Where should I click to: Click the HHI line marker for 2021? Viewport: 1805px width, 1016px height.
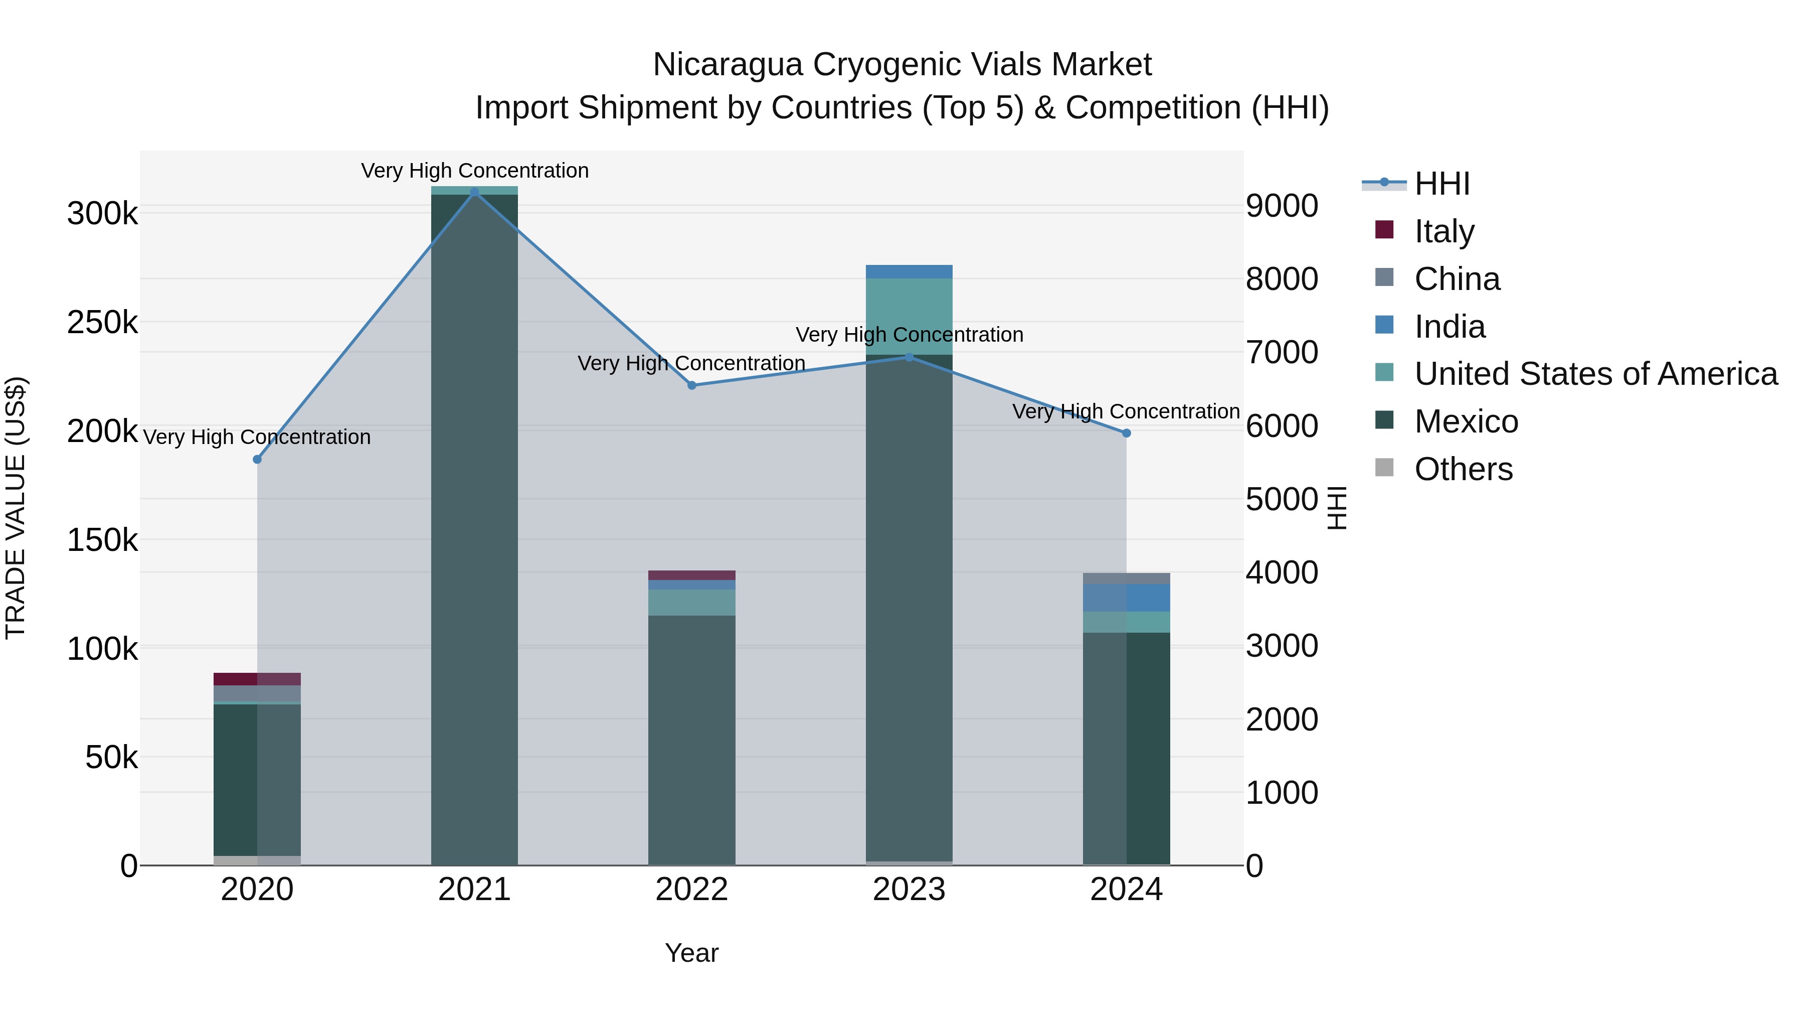pos(474,192)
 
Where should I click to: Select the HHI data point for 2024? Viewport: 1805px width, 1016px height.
pos(1126,433)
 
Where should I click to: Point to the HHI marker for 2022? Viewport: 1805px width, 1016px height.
pos(691,385)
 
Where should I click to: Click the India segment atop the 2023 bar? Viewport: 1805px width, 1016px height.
pos(909,271)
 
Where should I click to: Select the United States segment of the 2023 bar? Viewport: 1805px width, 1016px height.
pos(909,316)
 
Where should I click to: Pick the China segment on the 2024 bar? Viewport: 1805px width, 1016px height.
pos(1126,578)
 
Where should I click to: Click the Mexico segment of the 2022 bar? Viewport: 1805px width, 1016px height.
pos(691,736)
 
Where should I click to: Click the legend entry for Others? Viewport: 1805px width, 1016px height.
pos(1463,469)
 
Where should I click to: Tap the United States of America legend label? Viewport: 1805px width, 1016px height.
pos(1595,374)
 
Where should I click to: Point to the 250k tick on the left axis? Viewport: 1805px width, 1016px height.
pos(102,323)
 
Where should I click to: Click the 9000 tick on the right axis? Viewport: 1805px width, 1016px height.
pos(1282,206)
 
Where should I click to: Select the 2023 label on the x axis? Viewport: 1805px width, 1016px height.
pos(909,889)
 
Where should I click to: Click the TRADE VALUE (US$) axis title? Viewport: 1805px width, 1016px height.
pos(16,508)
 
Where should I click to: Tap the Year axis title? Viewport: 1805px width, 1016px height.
pos(691,953)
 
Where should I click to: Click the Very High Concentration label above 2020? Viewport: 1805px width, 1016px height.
pos(256,437)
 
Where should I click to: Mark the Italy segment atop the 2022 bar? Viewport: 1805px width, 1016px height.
pos(691,575)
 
